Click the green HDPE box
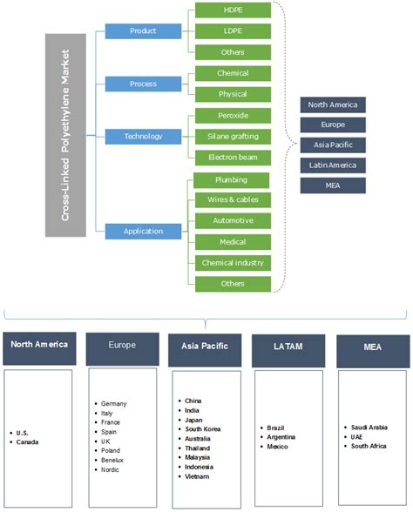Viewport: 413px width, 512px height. tap(233, 10)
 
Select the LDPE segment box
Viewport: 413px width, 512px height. tap(233, 31)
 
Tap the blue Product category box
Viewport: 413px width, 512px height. tap(142, 31)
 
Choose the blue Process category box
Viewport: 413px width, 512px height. tap(142, 84)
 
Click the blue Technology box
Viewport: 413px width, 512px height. tap(142, 136)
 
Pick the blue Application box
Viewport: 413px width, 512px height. tap(142, 232)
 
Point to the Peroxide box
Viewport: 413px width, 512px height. tap(233, 115)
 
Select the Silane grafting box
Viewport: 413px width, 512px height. tap(233, 136)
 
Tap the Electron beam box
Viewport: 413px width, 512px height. tap(233, 158)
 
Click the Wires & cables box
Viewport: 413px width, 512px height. tap(233, 199)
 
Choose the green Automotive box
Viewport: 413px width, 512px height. tap(233, 220)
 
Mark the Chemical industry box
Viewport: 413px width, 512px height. tap(233, 262)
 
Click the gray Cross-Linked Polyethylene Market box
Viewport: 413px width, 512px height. tap(65, 135)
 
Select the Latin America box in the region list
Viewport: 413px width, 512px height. tap(330, 165)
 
